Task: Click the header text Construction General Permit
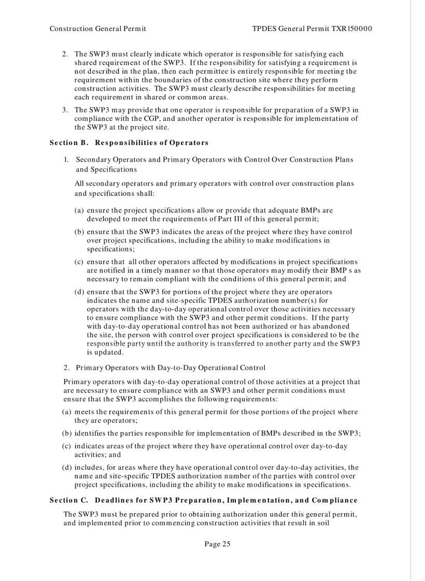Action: pos(97,29)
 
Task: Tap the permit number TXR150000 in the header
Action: pos(352,29)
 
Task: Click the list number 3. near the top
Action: pos(65,110)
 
